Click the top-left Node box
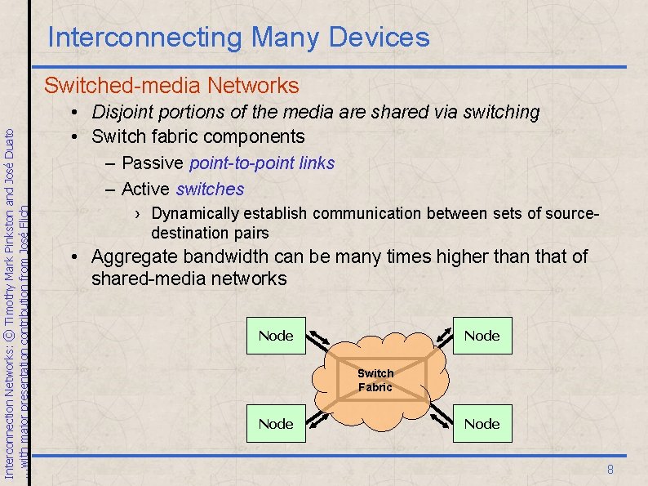(276, 336)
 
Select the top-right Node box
(482, 336)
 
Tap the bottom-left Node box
(276, 424)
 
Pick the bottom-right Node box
(482, 424)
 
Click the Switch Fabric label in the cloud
(375, 380)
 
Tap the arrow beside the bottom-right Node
(442, 417)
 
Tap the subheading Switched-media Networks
(171, 86)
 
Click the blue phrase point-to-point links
(262, 163)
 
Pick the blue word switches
(210, 189)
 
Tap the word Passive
(153, 163)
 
